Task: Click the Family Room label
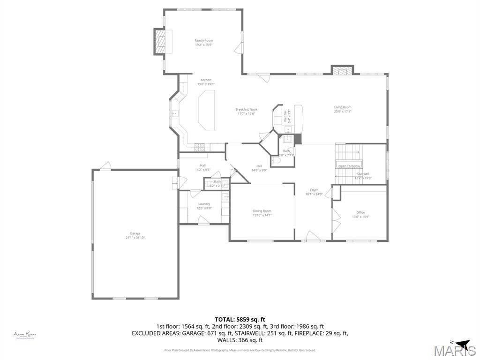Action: click(203, 41)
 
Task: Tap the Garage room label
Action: click(135, 233)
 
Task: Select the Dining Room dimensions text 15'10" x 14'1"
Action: click(262, 215)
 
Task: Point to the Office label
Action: click(360, 212)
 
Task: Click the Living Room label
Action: click(342, 107)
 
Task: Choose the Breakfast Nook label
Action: click(246, 109)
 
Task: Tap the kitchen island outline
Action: click(206, 110)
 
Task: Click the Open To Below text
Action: click(349, 166)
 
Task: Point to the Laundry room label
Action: click(204, 204)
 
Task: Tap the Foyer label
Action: click(314, 190)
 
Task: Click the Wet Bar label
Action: click(285, 116)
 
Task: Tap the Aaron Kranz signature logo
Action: click(25, 335)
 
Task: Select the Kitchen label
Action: click(206, 80)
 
